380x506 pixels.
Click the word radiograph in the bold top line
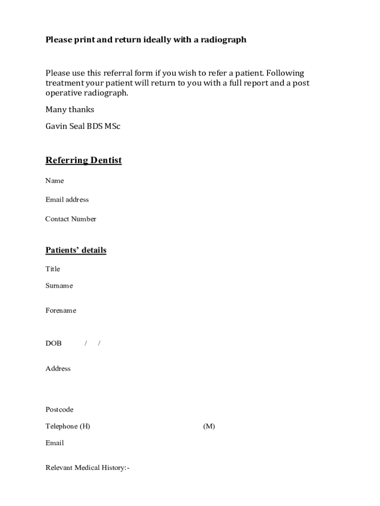point(223,40)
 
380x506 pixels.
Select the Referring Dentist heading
point(83,160)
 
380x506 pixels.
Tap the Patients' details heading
point(76,250)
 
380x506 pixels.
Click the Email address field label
point(67,200)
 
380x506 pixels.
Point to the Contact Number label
point(71,219)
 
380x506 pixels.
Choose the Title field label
point(53,269)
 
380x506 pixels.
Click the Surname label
point(59,286)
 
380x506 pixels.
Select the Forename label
point(61,310)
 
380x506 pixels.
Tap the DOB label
point(54,343)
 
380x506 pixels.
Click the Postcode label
point(59,409)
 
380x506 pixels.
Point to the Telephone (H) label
point(68,426)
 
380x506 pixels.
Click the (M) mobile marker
point(209,426)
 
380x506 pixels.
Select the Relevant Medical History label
point(87,467)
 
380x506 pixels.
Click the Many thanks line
point(70,109)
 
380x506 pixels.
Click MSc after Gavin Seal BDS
point(112,126)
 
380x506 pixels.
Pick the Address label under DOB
point(58,368)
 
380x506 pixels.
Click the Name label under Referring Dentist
point(54,180)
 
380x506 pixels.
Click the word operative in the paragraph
point(63,93)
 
